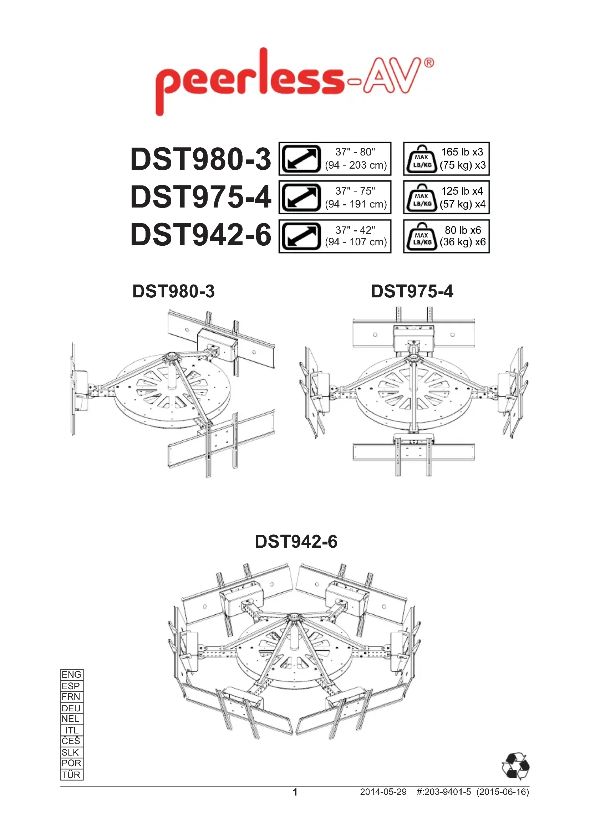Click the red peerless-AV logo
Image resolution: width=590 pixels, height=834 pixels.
(294, 82)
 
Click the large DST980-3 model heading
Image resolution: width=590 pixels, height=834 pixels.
(200, 159)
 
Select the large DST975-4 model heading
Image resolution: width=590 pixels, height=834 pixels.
(200, 197)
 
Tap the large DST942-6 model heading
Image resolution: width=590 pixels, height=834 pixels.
(200, 235)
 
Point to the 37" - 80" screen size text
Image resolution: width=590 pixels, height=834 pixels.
(355, 152)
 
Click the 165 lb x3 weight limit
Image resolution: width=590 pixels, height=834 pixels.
(462, 152)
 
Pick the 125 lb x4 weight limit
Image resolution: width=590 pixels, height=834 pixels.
(462, 191)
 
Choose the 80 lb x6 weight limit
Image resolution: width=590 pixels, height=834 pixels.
(463, 230)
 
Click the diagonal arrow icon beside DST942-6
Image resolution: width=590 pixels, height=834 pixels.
(301, 236)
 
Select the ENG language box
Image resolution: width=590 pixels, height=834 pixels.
(72, 675)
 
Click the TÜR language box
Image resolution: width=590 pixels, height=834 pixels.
(72, 774)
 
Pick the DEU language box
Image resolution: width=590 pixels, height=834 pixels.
(72, 708)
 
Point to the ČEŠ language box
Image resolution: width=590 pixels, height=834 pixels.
(72, 741)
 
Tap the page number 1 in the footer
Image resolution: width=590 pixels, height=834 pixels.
(295, 792)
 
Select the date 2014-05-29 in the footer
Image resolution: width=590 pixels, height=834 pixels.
(383, 792)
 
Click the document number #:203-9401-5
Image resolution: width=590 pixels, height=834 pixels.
(444, 792)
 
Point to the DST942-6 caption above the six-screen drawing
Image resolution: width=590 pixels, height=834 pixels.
(296, 542)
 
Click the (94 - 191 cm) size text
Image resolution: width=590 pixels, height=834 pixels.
(356, 204)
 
